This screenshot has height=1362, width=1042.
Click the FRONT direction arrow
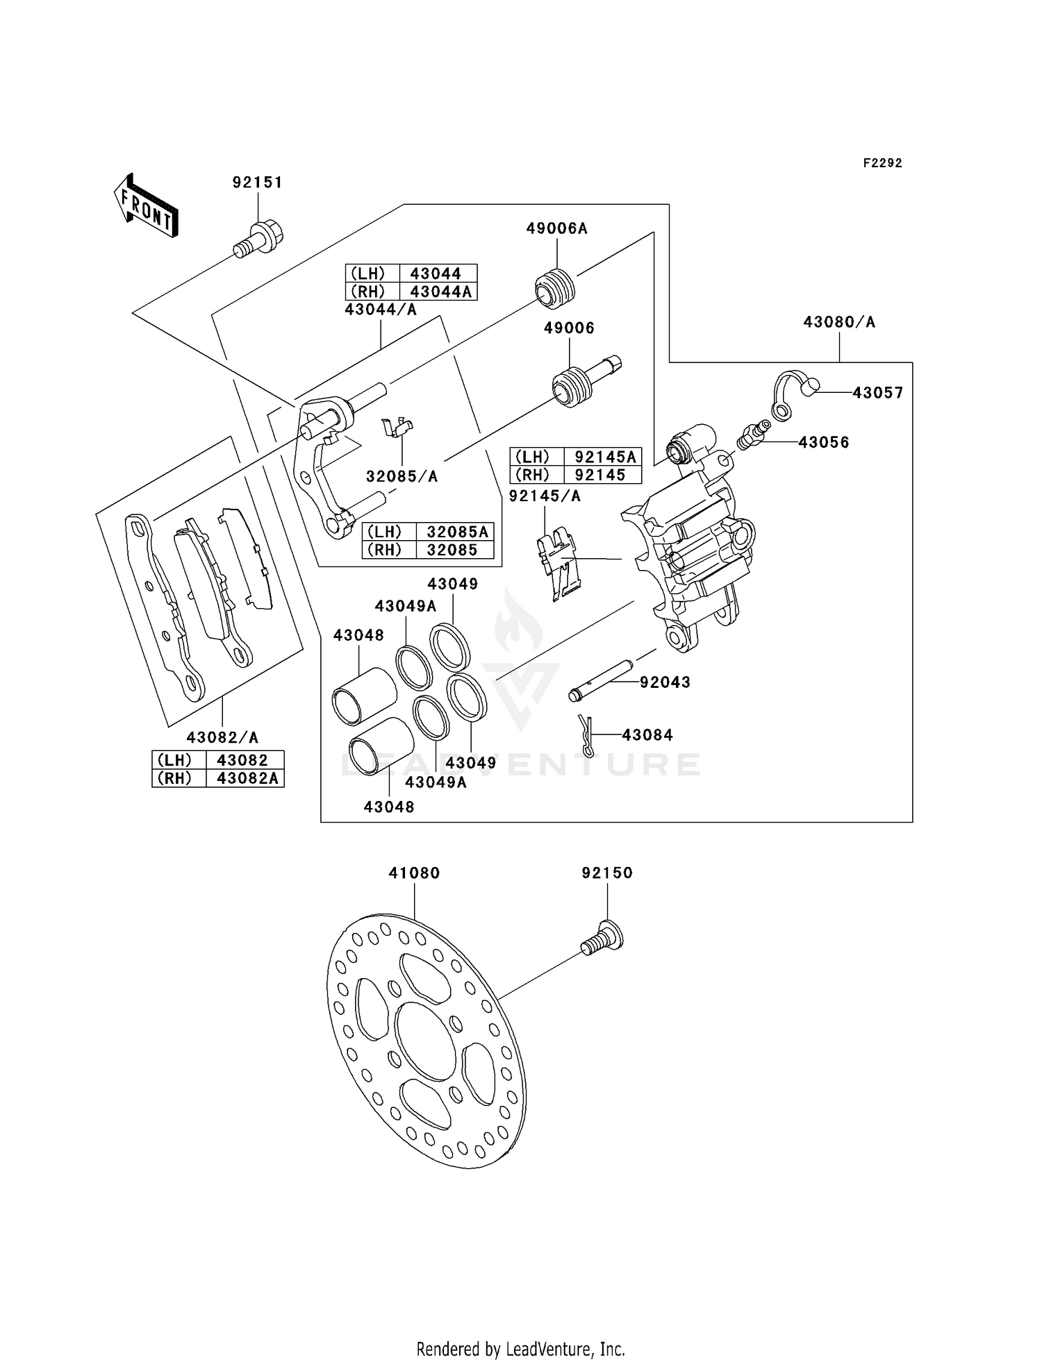click(146, 205)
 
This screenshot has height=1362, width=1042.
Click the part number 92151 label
click(257, 183)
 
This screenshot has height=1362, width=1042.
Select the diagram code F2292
click(882, 163)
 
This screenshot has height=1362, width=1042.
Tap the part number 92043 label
click(665, 682)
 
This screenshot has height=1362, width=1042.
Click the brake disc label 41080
click(414, 873)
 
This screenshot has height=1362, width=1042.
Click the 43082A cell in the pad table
click(246, 778)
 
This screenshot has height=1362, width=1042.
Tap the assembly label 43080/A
click(839, 322)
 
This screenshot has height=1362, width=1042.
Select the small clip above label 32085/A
click(397, 427)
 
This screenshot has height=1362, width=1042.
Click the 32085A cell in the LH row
click(455, 532)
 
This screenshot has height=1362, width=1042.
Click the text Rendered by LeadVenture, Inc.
click(521, 1349)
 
